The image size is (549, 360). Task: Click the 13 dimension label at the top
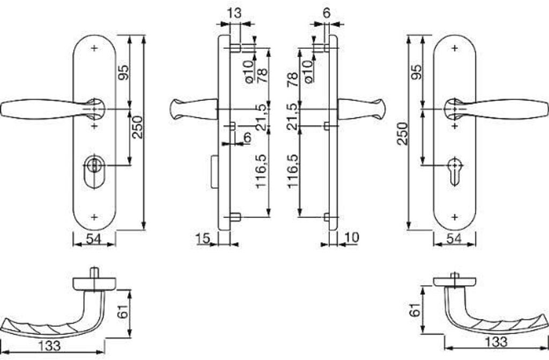click(x=234, y=13)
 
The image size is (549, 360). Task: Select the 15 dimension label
click(x=203, y=238)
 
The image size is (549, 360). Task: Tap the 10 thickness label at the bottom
click(x=352, y=237)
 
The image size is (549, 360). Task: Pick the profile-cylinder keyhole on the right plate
click(x=455, y=171)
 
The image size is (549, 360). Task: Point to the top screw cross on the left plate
click(x=94, y=48)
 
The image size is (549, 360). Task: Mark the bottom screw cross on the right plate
click(x=455, y=217)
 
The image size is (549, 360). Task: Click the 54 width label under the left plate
click(x=93, y=239)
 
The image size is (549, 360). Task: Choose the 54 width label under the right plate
click(x=454, y=239)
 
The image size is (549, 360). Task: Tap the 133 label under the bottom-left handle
click(x=49, y=346)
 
